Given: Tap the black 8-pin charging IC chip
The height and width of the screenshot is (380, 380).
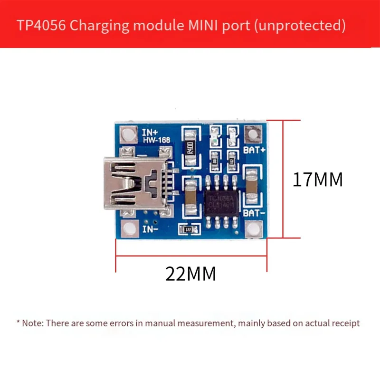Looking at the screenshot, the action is click(223, 199).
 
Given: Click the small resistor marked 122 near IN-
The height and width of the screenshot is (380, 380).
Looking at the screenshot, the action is click(189, 229).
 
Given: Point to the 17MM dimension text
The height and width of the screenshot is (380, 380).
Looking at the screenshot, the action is click(317, 180).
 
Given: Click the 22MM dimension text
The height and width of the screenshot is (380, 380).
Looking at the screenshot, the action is click(190, 274).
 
